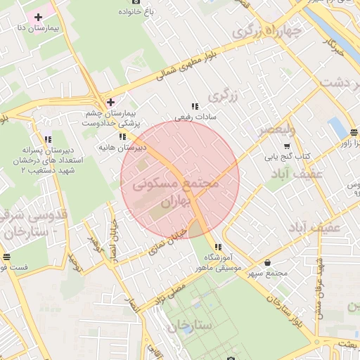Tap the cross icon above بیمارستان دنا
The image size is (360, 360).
click(38, 16)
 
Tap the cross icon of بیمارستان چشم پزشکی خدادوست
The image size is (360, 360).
click(110, 102)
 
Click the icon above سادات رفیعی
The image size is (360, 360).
click(195, 105)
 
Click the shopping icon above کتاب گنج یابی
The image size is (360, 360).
click(286, 146)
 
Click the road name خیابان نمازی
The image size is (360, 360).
click(169, 242)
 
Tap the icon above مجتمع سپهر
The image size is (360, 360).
click(266, 262)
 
